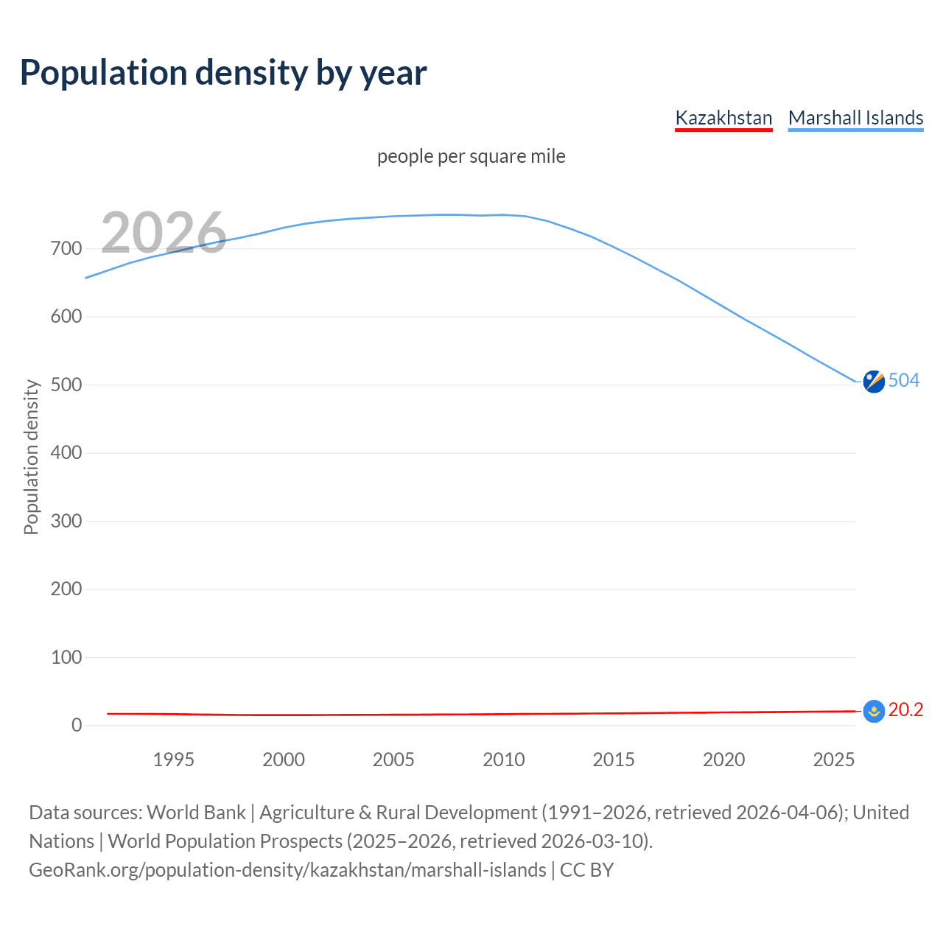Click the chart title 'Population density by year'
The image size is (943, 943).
223,72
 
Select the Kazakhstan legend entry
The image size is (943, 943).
723,118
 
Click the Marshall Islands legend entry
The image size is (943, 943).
855,118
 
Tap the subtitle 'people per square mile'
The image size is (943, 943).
471,156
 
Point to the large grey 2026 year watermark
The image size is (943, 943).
164,233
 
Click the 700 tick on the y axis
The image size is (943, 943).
66,248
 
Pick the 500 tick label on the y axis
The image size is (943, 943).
66,385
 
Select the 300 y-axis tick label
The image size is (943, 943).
66,521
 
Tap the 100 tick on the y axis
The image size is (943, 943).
66,657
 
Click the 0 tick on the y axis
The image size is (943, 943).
77,725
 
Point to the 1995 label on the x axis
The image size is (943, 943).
173,760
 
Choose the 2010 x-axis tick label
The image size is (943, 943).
504,760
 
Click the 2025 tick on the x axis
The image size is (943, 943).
834,760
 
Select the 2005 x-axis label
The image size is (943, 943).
393,760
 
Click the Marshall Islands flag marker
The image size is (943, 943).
874,382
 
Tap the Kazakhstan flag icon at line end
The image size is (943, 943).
874,711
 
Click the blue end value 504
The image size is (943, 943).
904,380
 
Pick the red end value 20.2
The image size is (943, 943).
905,709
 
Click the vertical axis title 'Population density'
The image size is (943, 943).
31,457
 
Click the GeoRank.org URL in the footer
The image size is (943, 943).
287,870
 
